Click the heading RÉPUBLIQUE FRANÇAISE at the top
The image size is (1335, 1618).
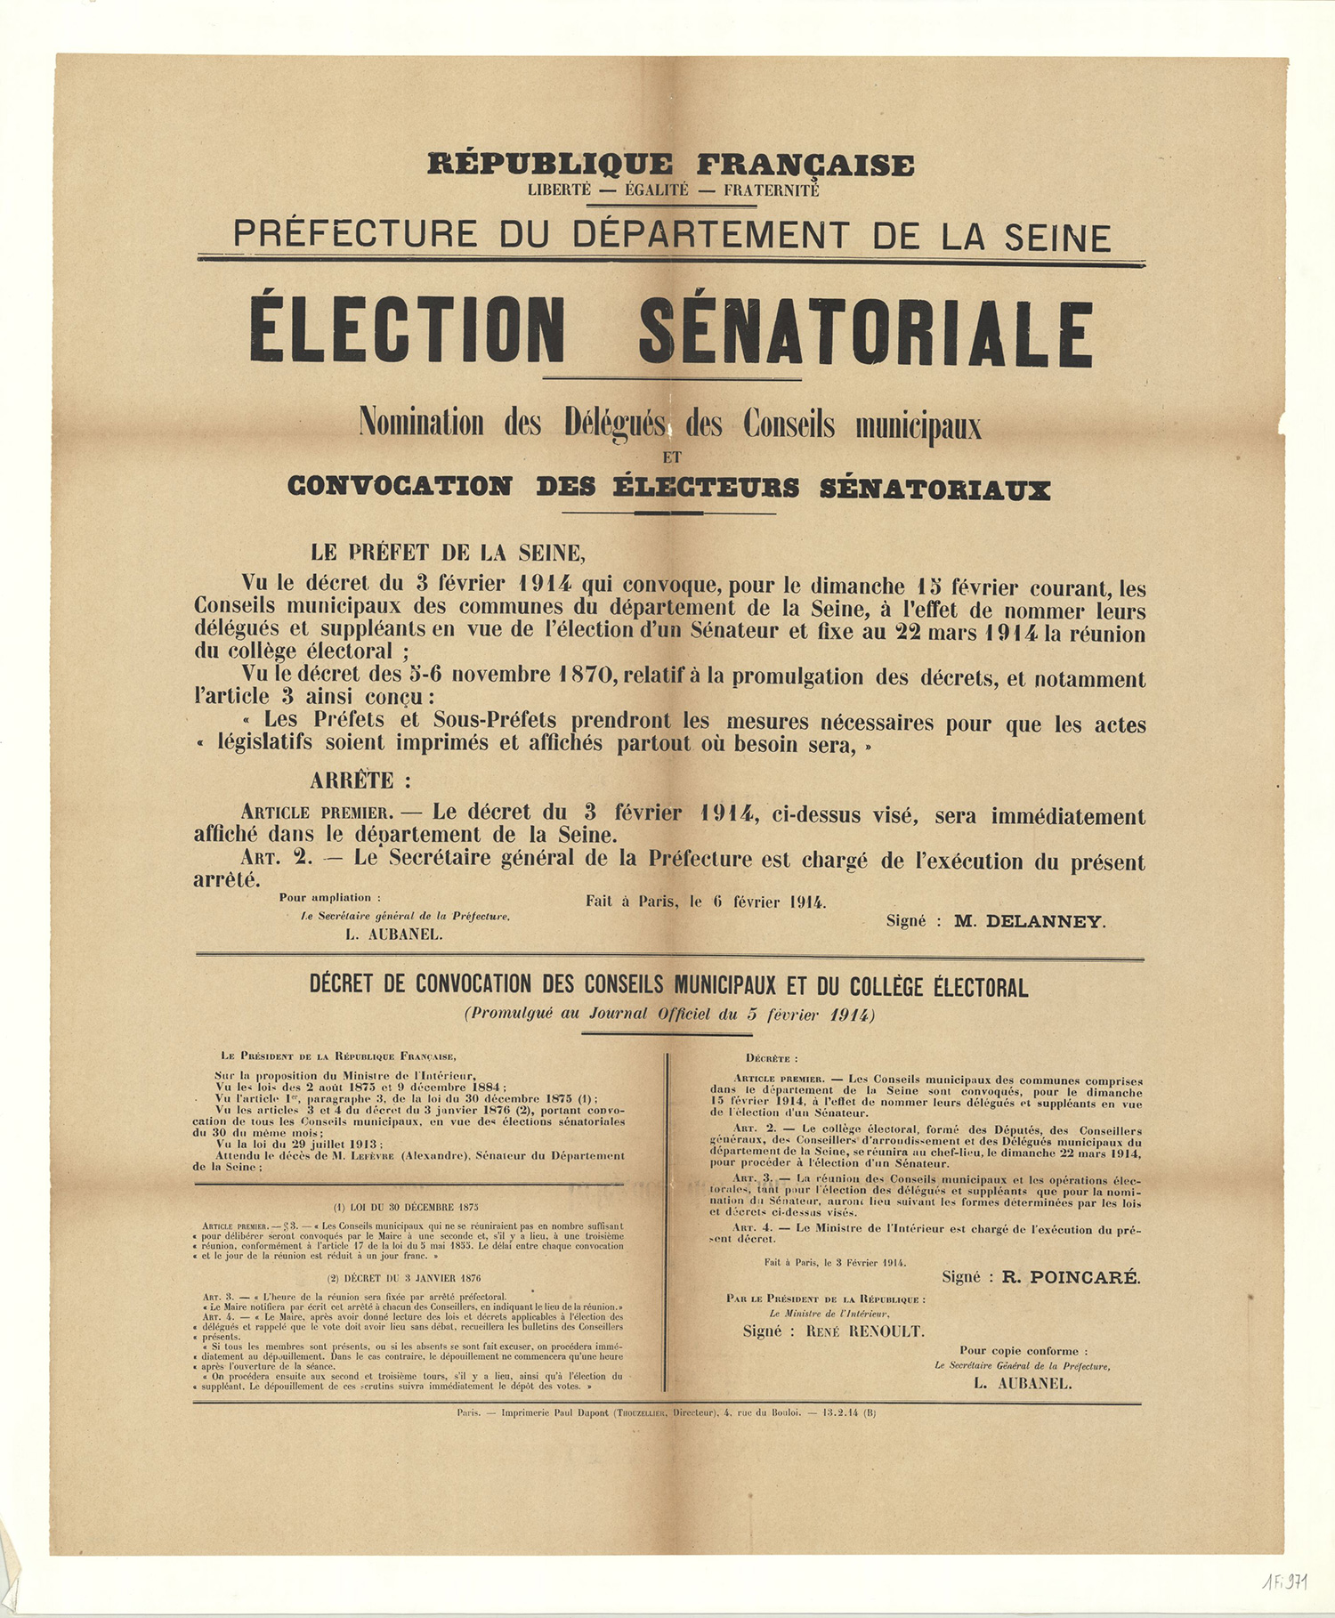tap(670, 165)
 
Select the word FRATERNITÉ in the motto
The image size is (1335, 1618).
tap(771, 190)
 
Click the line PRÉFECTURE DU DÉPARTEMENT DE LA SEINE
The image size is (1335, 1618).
tap(671, 236)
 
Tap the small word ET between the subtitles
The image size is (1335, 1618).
tap(671, 458)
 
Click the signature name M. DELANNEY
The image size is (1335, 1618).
tap(1030, 922)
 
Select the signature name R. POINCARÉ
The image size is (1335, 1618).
tap(1071, 1277)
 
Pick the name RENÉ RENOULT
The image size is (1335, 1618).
tap(865, 1331)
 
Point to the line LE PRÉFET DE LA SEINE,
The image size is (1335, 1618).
tap(448, 553)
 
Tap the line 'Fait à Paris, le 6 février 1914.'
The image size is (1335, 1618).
tap(705, 902)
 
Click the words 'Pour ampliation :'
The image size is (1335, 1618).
tap(330, 897)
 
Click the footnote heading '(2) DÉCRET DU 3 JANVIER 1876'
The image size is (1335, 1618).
tap(407, 1278)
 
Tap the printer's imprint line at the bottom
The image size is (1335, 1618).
tap(666, 1412)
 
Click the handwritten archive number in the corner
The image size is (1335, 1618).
tap(1283, 1581)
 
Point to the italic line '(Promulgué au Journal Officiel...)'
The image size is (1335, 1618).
tap(668, 1014)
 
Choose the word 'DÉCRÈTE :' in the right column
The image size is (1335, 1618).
tap(772, 1058)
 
